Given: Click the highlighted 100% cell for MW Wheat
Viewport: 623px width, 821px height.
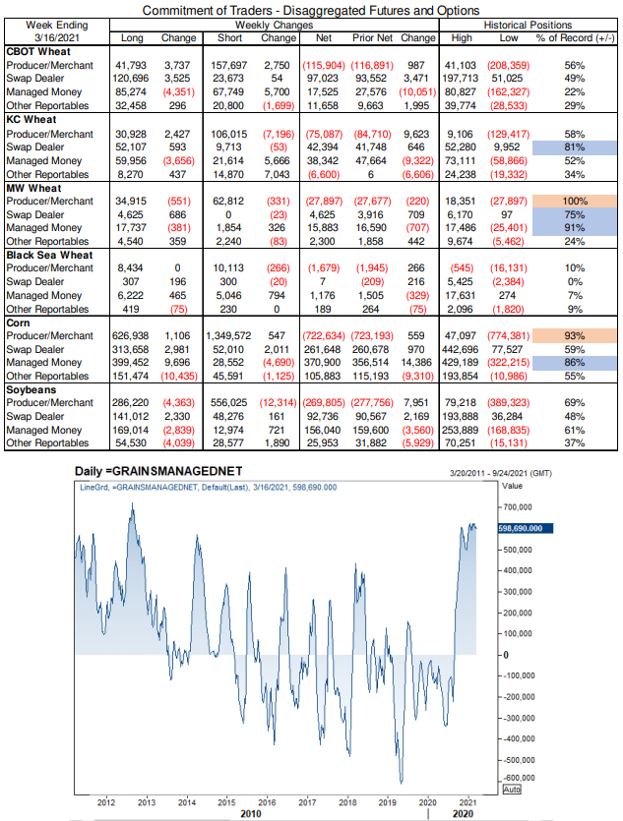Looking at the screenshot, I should [x=576, y=200].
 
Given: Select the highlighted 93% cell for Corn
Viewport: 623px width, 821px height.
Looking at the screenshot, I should [x=576, y=334].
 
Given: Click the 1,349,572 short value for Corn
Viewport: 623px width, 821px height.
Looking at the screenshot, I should [x=231, y=334].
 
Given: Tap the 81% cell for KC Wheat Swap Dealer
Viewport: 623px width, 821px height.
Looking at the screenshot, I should [x=576, y=147].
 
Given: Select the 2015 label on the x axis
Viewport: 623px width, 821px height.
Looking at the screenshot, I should [x=226, y=802].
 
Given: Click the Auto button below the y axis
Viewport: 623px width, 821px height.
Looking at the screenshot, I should [x=510, y=790].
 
